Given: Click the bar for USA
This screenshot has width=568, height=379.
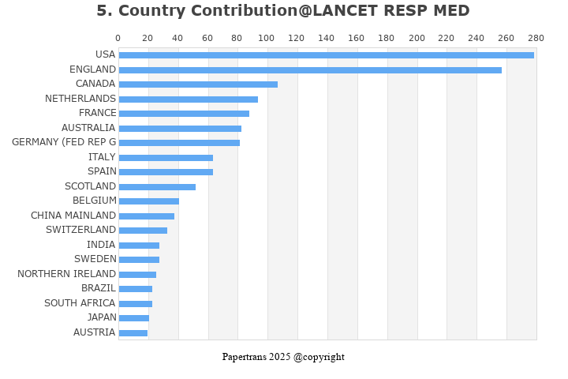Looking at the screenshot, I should [x=326, y=55].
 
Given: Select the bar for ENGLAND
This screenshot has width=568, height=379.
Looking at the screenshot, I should [x=310, y=70].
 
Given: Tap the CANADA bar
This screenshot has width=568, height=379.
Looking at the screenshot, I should [x=198, y=84].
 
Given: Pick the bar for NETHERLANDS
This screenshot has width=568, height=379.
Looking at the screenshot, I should [x=189, y=99].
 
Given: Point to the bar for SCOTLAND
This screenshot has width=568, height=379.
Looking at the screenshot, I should [x=157, y=187].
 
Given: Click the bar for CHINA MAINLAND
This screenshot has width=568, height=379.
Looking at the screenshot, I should [x=147, y=216].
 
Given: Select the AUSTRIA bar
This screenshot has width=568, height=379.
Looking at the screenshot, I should [x=133, y=333].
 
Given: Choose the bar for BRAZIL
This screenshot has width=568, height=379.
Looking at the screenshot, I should [x=136, y=289].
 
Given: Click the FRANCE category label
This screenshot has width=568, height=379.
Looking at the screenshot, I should [x=97, y=113].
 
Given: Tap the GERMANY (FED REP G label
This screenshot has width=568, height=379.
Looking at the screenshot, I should [x=64, y=142].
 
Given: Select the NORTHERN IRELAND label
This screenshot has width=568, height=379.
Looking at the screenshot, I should [x=66, y=274].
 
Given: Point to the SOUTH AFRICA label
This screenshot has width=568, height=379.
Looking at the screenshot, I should [x=80, y=303].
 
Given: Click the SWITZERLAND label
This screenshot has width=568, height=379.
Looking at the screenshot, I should [x=80, y=230].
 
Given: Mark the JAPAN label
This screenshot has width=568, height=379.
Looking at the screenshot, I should [x=102, y=317].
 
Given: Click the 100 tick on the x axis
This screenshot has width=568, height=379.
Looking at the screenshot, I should [x=267, y=38].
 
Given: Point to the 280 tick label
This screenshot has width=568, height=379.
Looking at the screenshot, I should [x=536, y=38].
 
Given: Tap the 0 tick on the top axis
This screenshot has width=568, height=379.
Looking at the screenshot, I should [x=118, y=38].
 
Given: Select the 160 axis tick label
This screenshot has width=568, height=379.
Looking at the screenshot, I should [x=357, y=38].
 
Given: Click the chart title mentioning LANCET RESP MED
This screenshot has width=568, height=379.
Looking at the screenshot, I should [x=283, y=11].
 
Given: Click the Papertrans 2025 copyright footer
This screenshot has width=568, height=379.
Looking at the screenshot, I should [x=283, y=357].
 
